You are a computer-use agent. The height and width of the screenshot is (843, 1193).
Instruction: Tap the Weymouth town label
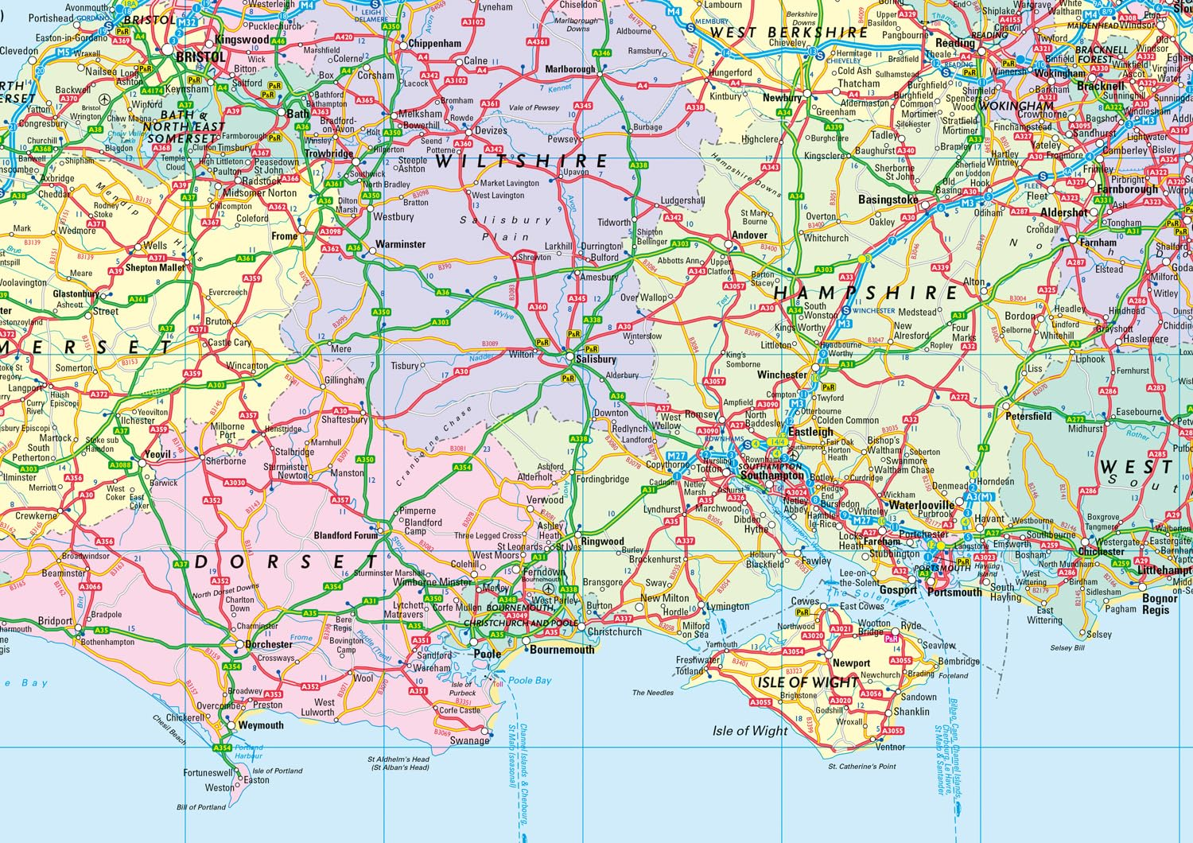pyautogui.click(x=261, y=725)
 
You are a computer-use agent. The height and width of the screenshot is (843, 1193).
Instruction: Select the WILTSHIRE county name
pyautogui.click(x=521, y=161)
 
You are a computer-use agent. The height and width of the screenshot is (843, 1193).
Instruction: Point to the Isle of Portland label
pyautogui.click(x=278, y=771)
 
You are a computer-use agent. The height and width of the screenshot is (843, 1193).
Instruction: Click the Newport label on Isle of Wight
pyautogui.click(x=851, y=663)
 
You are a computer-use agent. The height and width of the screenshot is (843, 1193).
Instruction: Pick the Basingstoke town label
pyautogui.click(x=888, y=200)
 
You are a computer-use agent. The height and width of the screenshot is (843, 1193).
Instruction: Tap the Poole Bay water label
pyautogui.click(x=530, y=681)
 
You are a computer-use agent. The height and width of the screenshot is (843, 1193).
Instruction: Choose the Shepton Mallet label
pyautogui.click(x=155, y=268)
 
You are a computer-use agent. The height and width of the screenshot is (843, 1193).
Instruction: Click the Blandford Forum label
pyautogui.click(x=346, y=536)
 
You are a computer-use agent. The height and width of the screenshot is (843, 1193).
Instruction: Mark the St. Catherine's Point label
pyautogui.click(x=862, y=767)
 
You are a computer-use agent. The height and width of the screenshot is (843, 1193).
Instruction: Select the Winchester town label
pyautogui.click(x=782, y=375)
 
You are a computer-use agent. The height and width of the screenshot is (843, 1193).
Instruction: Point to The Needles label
pyautogui.click(x=653, y=693)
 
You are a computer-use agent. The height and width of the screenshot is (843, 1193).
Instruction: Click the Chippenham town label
pyautogui.click(x=434, y=44)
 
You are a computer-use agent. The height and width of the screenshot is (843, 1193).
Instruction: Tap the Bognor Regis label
pyautogui.click(x=1160, y=604)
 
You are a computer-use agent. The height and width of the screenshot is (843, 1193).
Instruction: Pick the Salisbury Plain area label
pyautogui.click(x=506, y=228)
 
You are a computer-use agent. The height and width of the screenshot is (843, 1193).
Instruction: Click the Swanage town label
pyautogui.click(x=469, y=740)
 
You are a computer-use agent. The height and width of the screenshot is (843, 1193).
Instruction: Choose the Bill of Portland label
pyautogui.click(x=201, y=807)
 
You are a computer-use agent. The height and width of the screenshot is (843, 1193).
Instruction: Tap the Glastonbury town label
pyautogui.click(x=76, y=294)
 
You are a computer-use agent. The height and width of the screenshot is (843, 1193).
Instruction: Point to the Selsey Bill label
pyautogui.click(x=1067, y=648)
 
